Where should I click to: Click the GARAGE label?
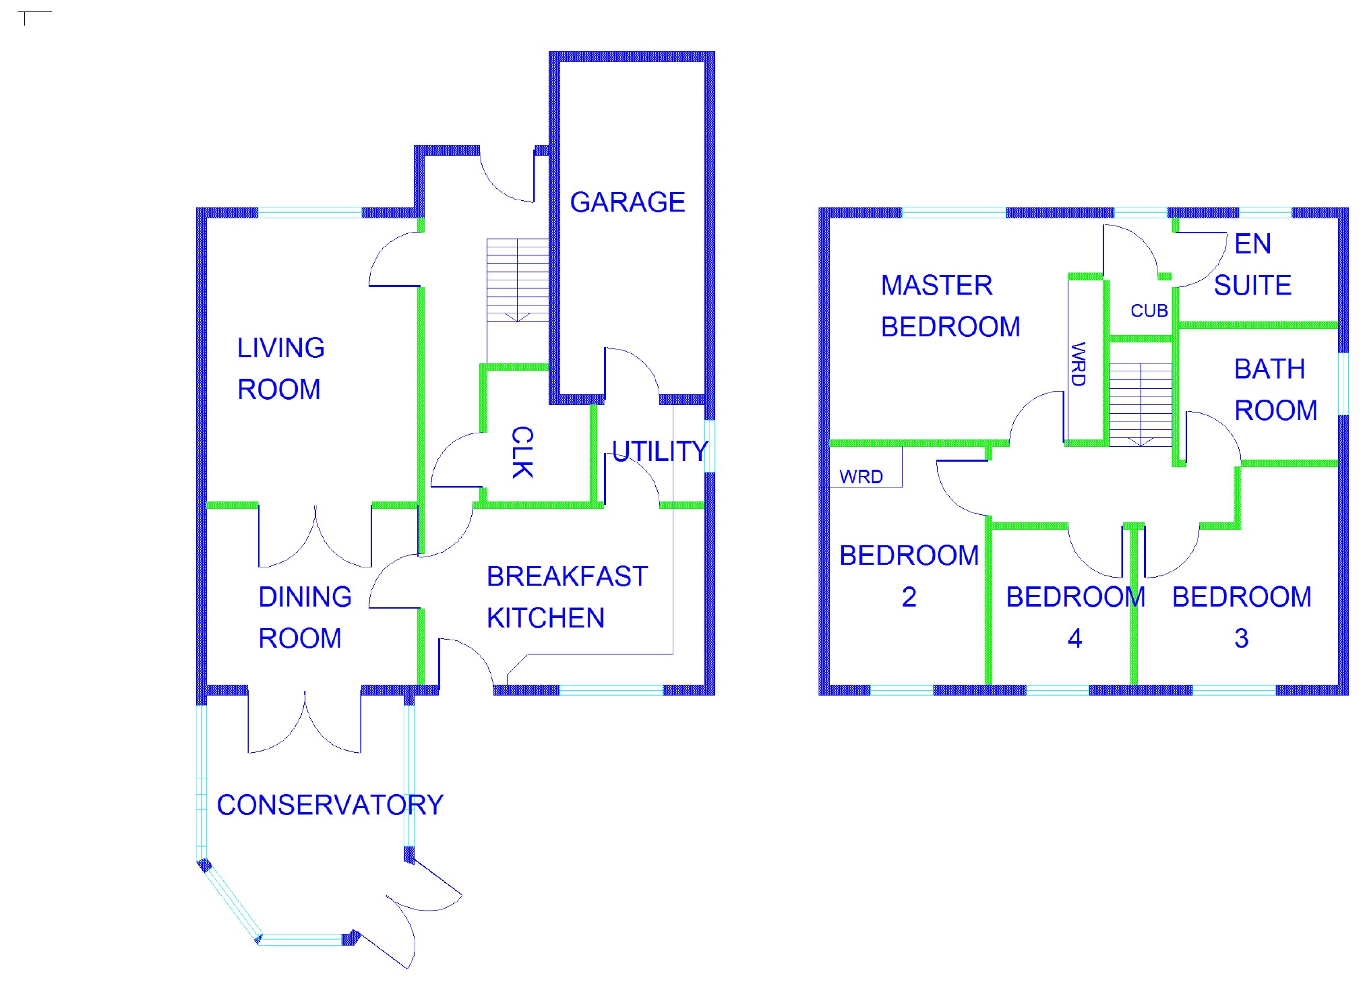628,202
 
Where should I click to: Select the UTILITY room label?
660,451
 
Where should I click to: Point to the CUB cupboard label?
1149,311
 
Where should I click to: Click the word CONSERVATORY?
330,805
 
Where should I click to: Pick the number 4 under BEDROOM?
1075,638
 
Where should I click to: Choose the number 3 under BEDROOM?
1242,638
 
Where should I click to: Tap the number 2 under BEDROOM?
909,597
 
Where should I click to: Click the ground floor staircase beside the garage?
518,280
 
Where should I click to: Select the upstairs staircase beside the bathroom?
1141,404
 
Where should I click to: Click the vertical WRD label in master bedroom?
1078,364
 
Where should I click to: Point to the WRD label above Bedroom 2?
861,477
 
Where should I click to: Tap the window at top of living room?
310,213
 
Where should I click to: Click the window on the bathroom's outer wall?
1343,383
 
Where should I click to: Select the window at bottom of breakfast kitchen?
611,690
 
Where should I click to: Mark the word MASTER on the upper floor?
937,286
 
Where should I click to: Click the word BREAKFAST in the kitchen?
568,577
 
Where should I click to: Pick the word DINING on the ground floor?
305,597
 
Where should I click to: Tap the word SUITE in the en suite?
1253,286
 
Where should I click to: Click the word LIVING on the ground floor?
281,348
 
